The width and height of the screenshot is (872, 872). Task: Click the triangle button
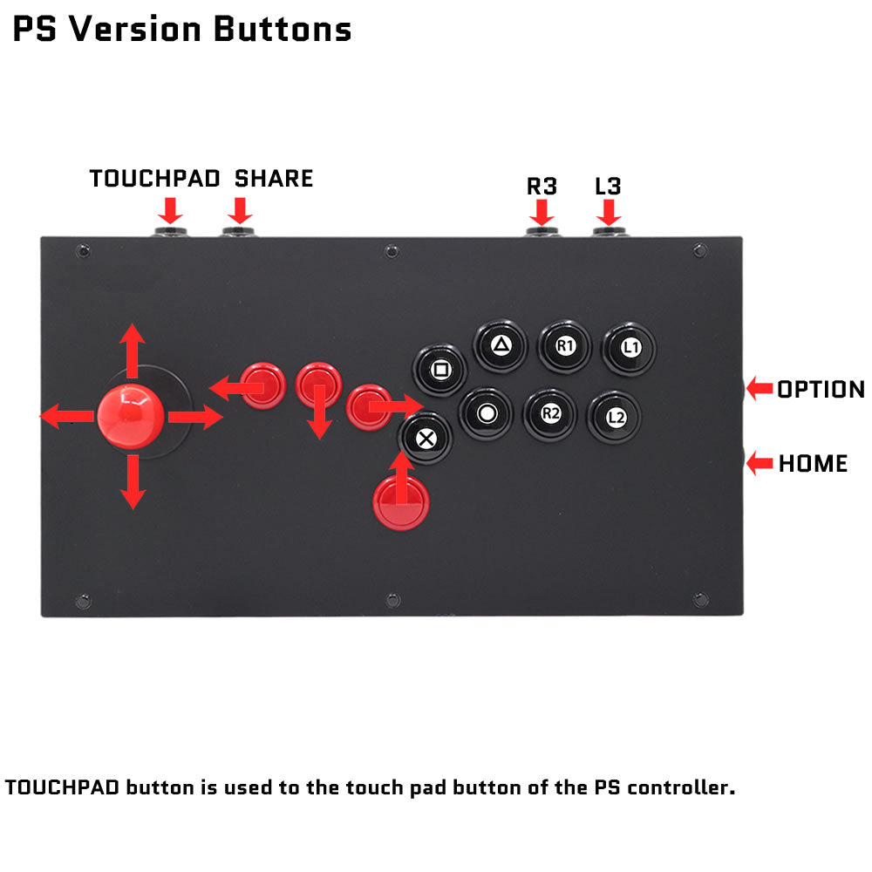[501, 346]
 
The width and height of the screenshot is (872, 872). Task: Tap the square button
[439, 370]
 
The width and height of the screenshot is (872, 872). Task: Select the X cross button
[426, 439]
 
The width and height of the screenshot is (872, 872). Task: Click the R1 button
[564, 346]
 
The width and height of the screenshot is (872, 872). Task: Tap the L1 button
[630, 349]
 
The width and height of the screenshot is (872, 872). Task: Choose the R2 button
[550, 414]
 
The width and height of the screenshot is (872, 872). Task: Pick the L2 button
[615, 418]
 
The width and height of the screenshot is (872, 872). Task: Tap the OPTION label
[821, 389]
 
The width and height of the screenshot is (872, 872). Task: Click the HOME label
[813, 463]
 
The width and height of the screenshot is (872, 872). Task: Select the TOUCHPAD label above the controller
[154, 179]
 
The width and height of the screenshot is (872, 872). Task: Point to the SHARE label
[274, 179]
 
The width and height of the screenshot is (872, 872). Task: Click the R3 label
[542, 187]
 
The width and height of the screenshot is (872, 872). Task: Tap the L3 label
[608, 187]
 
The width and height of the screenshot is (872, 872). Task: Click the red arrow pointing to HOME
[760, 463]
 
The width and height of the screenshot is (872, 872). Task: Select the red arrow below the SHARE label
[241, 211]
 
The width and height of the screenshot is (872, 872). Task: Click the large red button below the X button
[401, 502]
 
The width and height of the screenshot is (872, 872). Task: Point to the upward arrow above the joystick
[133, 351]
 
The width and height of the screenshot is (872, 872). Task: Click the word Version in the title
[134, 29]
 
